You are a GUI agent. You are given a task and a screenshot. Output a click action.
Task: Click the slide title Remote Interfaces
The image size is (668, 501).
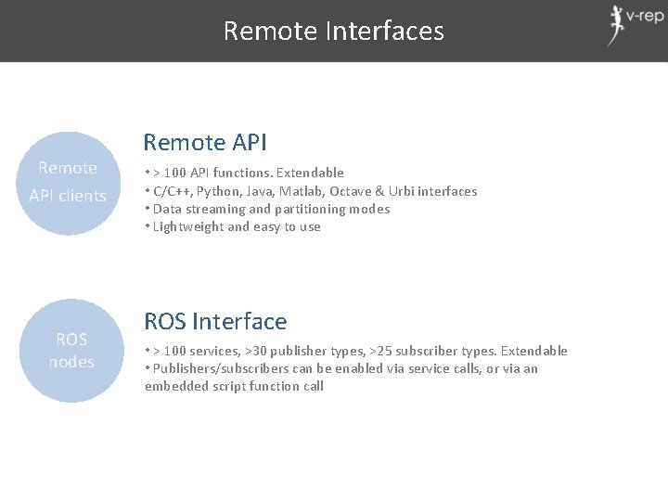[333, 31]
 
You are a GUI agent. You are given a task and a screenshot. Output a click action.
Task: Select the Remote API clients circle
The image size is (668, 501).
[68, 182]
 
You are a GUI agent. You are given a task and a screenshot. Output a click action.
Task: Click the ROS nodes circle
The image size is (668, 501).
[71, 350]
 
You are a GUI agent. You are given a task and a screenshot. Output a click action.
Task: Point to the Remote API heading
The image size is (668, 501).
[204, 142]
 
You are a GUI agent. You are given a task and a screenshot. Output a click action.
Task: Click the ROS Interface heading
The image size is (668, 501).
[215, 321]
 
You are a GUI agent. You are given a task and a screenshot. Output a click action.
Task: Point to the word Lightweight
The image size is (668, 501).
[188, 226]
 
